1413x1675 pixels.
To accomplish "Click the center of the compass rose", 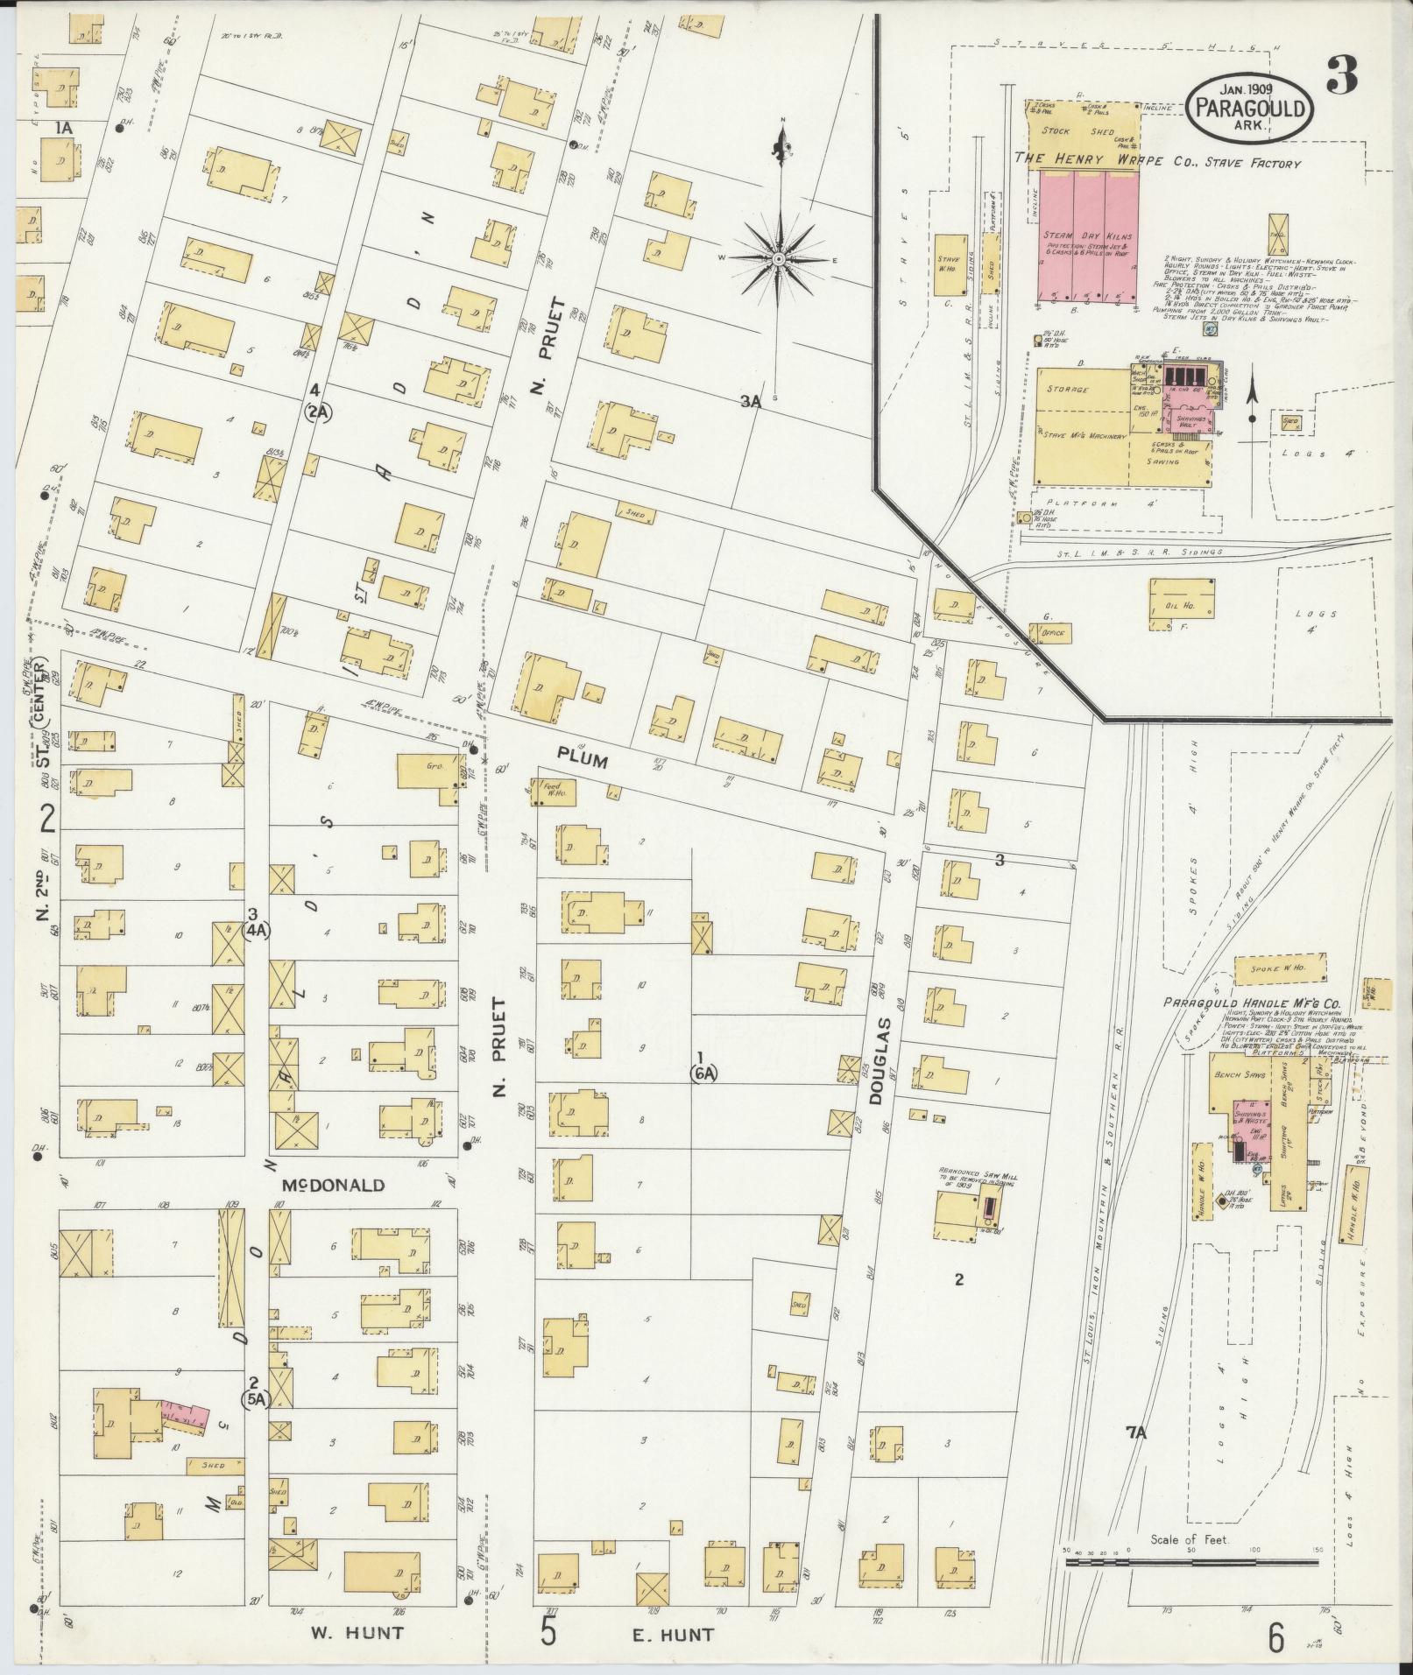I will [778, 259].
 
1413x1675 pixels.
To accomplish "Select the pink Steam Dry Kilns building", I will [1087, 236].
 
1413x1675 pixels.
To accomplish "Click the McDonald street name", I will [333, 1186].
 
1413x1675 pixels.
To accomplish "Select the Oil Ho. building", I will [1181, 603].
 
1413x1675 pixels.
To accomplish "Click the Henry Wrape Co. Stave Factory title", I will [1156, 160].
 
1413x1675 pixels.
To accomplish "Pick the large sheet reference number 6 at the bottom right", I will [1275, 1636].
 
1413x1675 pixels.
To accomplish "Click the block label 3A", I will [751, 402].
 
